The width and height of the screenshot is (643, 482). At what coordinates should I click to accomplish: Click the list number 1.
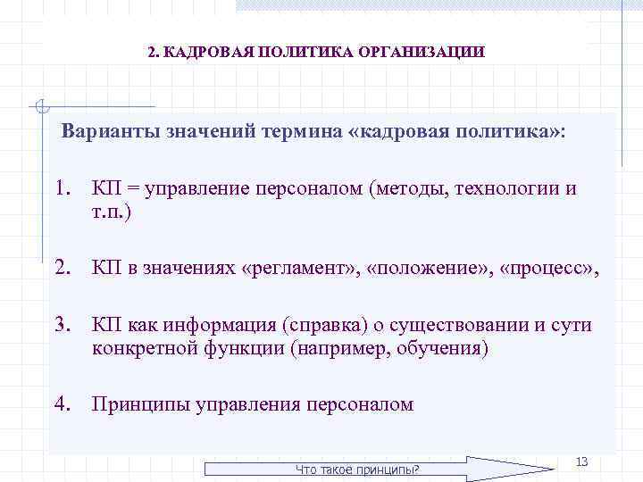coord(62,189)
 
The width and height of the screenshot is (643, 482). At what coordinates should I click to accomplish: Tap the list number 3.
coord(62,326)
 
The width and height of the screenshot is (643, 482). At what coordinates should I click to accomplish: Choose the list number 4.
coord(62,404)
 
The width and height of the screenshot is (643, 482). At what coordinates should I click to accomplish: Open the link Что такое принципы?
coord(357,470)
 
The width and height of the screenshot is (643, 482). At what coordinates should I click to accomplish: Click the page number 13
coord(581,461)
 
